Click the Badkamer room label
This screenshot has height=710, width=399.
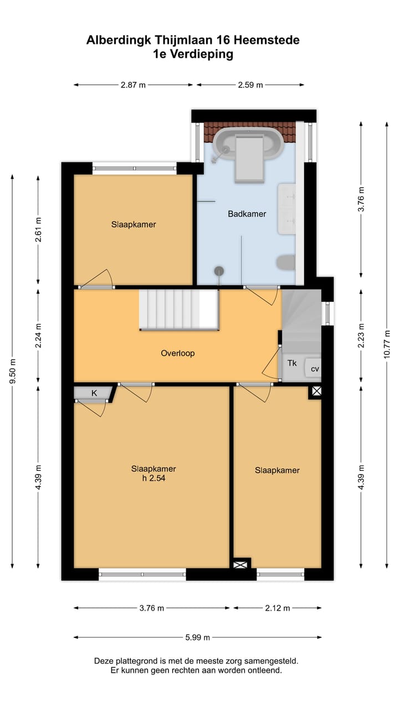(247, 214)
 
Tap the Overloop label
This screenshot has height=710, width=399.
(178, 353)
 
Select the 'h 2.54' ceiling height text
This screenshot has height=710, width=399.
(154, 478)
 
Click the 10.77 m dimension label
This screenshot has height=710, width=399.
(387, 344)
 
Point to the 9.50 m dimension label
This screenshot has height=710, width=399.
(13, 371)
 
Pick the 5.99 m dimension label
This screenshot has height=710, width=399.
(198, 637)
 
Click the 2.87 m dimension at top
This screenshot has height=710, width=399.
(133, 85)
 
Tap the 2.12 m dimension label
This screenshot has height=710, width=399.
(278, 608)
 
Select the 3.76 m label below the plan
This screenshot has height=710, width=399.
(152, 608)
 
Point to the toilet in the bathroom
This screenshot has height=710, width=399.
(285, 262)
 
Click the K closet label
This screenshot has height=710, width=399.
(94, 393)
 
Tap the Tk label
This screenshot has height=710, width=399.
(292, 363)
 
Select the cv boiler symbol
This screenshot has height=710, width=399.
(313, 368)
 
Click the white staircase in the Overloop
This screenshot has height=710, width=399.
(179, 310)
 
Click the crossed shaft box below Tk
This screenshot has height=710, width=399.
(316, 391)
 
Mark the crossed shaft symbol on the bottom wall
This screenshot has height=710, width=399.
(239, 565)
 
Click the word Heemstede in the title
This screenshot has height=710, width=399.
(267, 40)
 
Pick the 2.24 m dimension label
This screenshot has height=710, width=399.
(38, 336)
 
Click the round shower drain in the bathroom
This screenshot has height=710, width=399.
(219, 271)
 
